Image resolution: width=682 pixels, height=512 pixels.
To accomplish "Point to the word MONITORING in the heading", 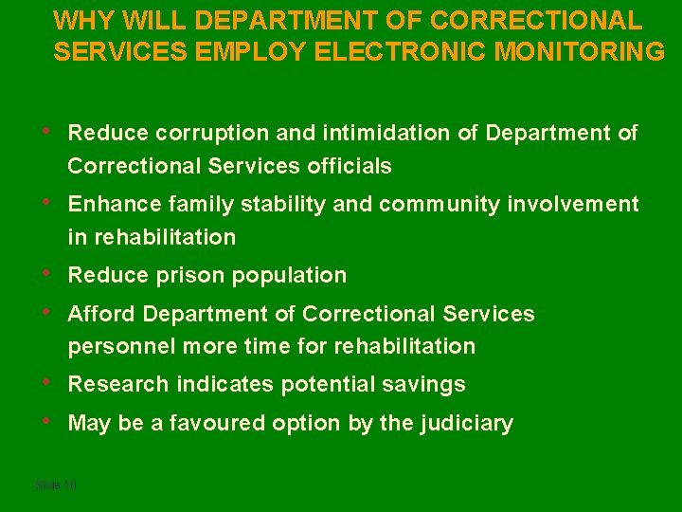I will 584,51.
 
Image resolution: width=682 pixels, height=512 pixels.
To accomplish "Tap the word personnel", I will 121,347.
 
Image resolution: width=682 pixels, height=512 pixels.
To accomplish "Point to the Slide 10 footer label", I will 55,485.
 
